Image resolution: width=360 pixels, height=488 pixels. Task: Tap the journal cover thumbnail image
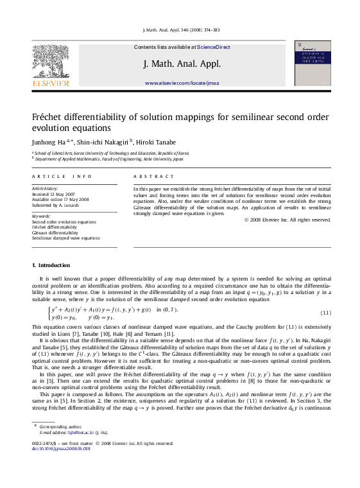[x=312, y=63]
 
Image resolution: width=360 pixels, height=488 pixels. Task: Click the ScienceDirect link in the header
[x=214, y=47]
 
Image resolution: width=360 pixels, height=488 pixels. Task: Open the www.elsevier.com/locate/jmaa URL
[x=182, y=83]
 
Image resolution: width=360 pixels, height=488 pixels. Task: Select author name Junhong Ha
[x=49, y=142]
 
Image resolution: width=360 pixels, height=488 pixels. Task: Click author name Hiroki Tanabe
[x=155, y=142]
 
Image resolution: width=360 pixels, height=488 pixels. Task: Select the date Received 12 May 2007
[x=53, y=194]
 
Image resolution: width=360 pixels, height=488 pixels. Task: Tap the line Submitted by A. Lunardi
[x=56, y=205]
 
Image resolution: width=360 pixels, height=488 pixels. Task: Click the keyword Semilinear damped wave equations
[x=65, y=238]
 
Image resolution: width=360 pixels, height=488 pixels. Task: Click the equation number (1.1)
[x=325, y=313]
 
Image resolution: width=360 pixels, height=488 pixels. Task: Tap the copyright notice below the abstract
[x=287, y=220]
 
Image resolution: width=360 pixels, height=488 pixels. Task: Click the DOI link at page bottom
[x=62, y=449]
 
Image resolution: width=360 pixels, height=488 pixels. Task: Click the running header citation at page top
[x=180, y=30]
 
